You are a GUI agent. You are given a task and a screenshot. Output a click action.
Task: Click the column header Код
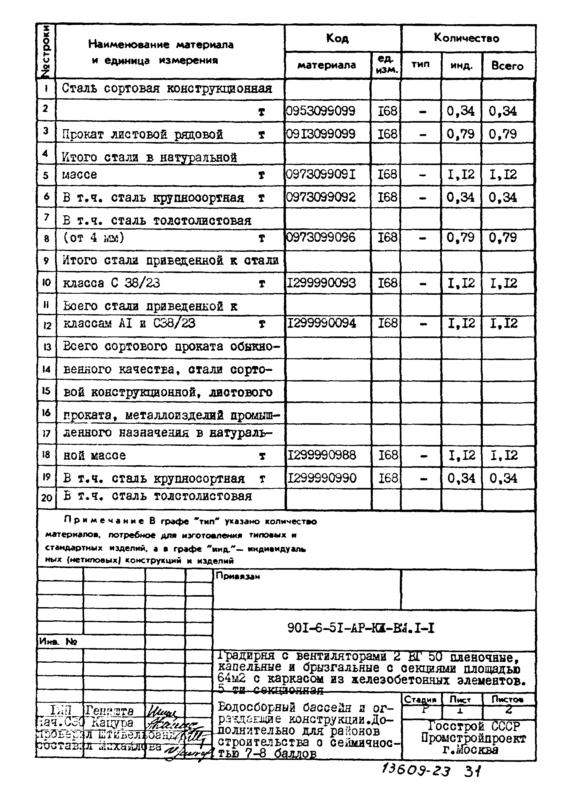pos(337,38)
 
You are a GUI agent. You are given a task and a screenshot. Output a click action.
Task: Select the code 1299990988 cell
pos(321,455)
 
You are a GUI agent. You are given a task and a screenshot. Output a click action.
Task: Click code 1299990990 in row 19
pos(322,478)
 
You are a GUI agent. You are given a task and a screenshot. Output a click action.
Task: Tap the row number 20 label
pos(46,498)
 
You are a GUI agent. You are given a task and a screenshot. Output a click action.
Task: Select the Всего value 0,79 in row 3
pos(503,134)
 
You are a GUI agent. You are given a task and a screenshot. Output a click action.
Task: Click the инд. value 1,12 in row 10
pos(461,283)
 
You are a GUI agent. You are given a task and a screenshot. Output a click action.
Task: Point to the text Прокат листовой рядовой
pos(143,134)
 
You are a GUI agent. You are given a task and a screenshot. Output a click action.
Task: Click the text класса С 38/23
pos(111,283)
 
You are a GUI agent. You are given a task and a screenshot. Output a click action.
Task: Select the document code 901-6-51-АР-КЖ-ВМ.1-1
pos(361,628)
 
